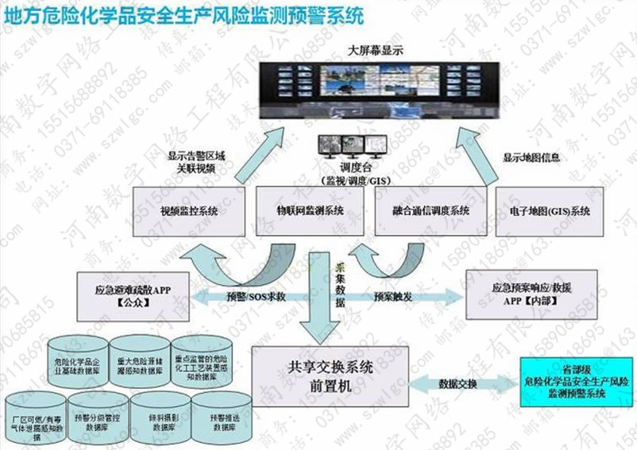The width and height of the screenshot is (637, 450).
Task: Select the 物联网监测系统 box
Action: click(x=310, y=211)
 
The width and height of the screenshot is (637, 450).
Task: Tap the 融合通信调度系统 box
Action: click(x=431, y=211)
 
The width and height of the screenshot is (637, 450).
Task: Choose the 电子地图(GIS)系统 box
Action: click(x=550, y=211)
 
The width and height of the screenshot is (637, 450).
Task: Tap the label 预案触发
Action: click(x=391, y=297)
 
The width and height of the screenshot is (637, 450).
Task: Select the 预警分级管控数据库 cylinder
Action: click(x=100, y=421)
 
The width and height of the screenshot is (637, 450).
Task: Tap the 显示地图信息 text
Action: click(x=531, y=157)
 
